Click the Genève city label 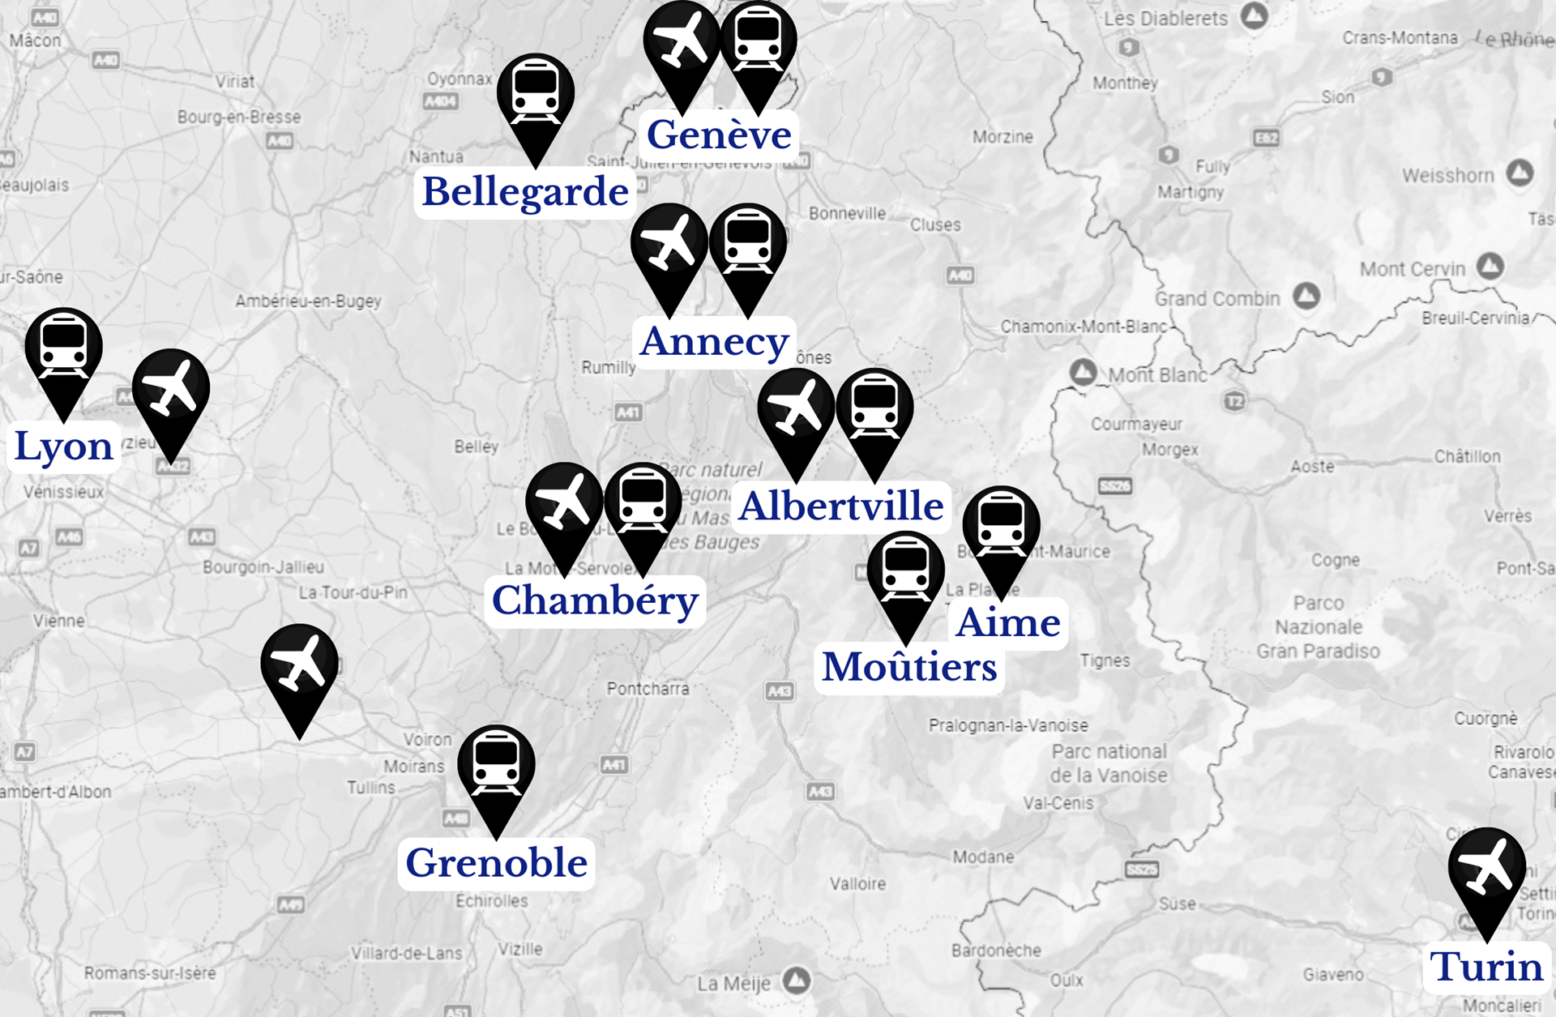point(719,135)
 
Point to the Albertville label point(841,506)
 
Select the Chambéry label point(595,600)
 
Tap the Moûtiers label point(909,668)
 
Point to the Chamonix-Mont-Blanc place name point(1083,327)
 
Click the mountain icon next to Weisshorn point(1520,173)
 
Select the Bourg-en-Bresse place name point(239,118)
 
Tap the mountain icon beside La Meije point(797,981)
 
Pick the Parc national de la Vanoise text point(1109,763)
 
